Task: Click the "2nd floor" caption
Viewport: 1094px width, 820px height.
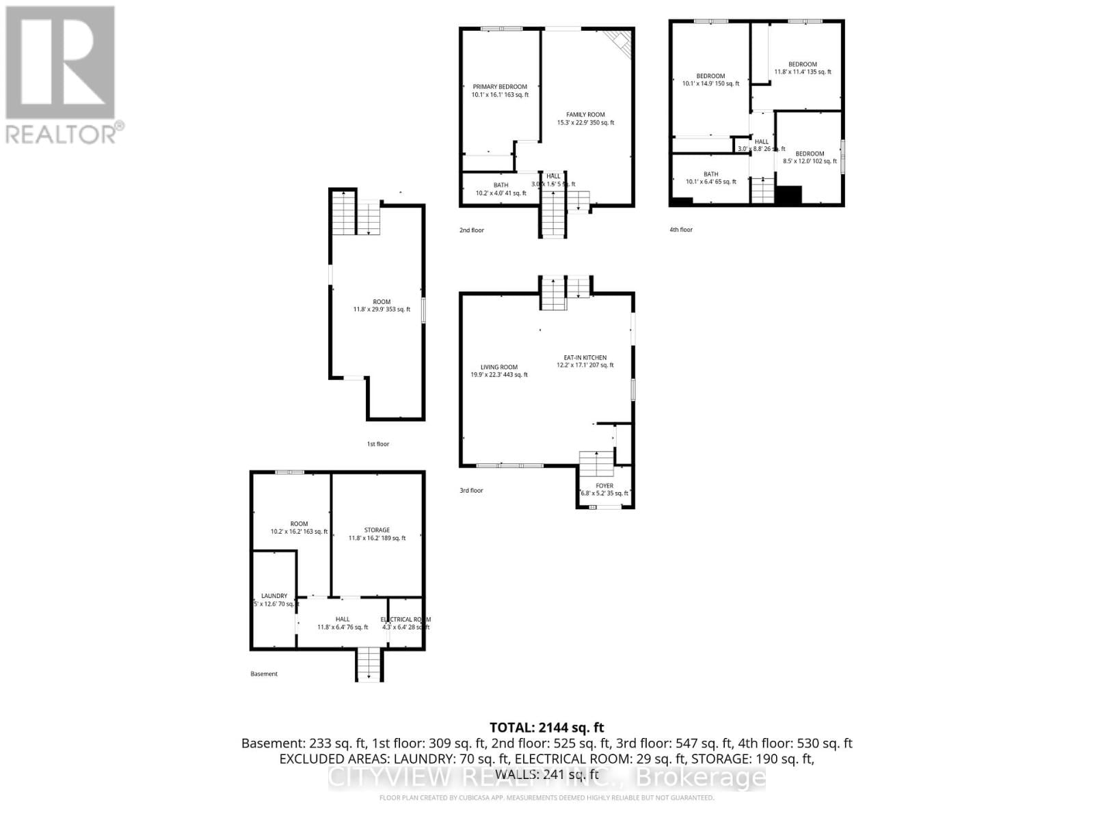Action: pyautogui.click(x=471, y=230)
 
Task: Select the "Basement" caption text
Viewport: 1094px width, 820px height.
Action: pyautogui.click(x=264, y=674)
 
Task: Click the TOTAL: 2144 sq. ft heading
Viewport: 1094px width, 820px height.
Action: pyautogui.click(x=546, y=728)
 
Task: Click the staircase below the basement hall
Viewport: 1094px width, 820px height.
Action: pyautogui.click(x=369, y=664)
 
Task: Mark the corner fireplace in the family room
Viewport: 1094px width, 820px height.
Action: pyautogui.click(x=620, y=42)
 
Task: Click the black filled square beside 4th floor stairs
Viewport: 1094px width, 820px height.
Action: pyautogui.click(x=788, y=194)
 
